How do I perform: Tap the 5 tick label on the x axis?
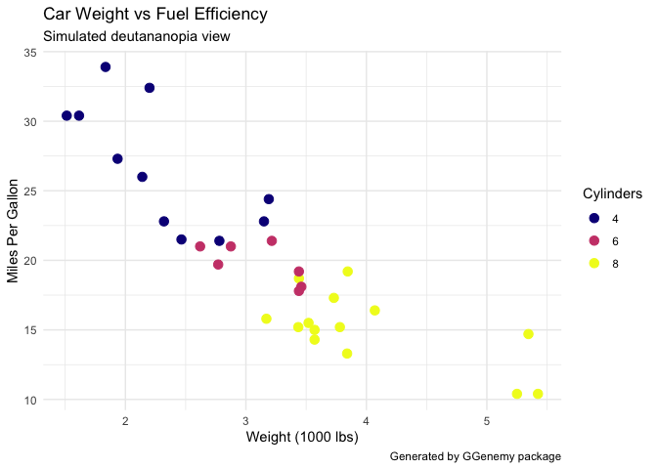tap(486, 421)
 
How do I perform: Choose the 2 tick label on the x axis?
tap(125, 421)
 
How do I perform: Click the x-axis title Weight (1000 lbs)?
tap(302, 437)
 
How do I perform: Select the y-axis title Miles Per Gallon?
tap(14, 230)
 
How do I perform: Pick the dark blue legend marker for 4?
tap(593, 217)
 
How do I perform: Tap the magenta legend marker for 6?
tap(593, 240)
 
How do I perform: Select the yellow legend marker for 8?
tap(593, 264)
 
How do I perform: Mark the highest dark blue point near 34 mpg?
tap(106, 67)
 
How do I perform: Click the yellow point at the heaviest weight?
tap(538, 394)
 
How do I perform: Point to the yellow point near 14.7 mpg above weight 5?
tap(528, 334)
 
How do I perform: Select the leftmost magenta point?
tap(200, 246)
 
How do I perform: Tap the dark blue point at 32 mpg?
tap(150, 88)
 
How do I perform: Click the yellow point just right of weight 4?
tap(374, 311)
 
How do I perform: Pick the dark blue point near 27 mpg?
tap(117, 159)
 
